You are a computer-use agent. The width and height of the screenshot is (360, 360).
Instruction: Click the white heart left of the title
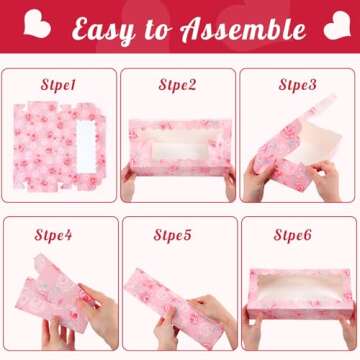pyautogui.click(x=37, y=23)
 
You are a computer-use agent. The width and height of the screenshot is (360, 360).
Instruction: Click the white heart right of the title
pyautogui.click(x=337, y=25)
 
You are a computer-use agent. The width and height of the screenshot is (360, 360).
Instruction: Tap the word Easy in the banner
pyautogui.click(x=103, y=30)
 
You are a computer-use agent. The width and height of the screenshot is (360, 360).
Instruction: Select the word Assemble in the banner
pyautogui.click(x=243, y=28)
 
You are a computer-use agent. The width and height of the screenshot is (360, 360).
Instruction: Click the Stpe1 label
pyautogui.click(x=58, y=85)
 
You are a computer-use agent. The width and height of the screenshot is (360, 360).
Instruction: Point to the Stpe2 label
pyautogui.click(x=177, y=85)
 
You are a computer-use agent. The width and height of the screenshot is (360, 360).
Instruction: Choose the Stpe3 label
pyautogui.click(x=297, y=85)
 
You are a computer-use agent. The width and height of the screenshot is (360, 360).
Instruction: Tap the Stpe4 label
pyautogui.click(x=53, y=235)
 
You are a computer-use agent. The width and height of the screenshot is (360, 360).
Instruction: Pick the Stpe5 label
pyautogui.click(x=172, y=235)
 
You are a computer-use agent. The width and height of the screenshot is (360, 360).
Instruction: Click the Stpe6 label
pyautogui.click(x=292, y=235)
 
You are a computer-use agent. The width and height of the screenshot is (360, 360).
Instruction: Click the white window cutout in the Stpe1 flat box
pyautogui.click(x=86, y=147)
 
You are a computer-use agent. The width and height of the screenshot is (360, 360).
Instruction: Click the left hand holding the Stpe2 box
pyautogui.click(x=128, y=182)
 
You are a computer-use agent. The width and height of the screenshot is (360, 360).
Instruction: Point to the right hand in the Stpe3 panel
pyautogui.click(x=324, y=180)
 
